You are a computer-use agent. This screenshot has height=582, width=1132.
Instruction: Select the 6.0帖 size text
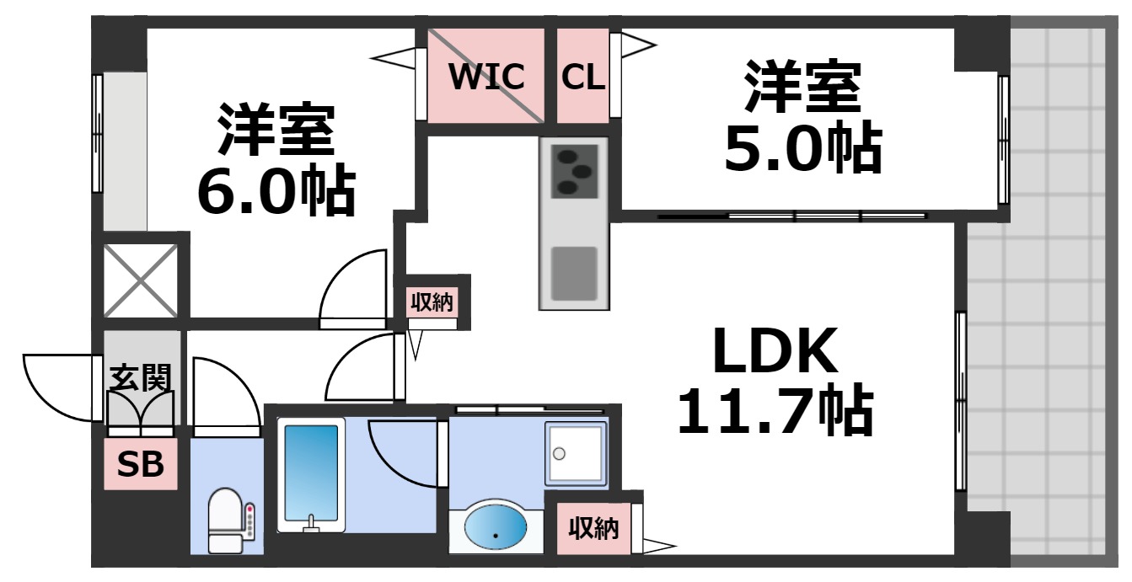click(x=276, y=192)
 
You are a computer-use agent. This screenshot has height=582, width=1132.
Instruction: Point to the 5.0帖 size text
click(x=802, y=150)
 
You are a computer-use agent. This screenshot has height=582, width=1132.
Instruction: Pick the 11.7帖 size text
click(x=775, y=411)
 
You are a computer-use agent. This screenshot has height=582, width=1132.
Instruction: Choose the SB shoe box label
click(x=141, y=464)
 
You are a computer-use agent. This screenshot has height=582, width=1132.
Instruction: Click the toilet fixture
click(x=228, y=520)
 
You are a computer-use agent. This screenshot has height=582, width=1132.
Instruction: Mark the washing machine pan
click(x=576, y=453)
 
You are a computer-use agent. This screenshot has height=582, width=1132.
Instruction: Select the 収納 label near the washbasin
click(x=593, y=529)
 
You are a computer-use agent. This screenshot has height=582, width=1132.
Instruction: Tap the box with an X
click(x=140, y=280)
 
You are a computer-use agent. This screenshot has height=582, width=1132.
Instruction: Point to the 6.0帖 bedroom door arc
click(x=354, y=286)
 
